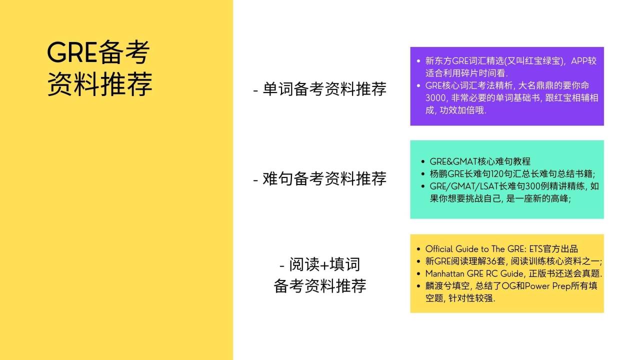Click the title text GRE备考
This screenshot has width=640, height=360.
coord(98,53)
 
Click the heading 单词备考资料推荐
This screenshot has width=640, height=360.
coord(319,89)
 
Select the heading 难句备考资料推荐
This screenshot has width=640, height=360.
coord(319,178)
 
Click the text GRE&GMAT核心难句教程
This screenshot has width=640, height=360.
coord(480,161)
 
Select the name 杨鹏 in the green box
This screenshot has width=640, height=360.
coord(436,173)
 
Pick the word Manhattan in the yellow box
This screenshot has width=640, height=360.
coord(443,273)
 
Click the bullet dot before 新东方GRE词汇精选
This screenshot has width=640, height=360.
coord(418,61)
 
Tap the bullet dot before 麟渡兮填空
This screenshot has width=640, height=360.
coord(418,286)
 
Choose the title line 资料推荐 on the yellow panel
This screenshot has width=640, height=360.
coord(100,84)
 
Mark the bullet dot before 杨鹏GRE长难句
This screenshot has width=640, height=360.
coord(423,174)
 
